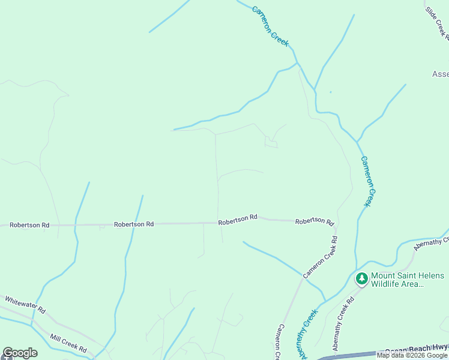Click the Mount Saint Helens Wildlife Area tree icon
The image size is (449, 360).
coord(361,278)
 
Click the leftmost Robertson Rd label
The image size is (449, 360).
coord(29,225)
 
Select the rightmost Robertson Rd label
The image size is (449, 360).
coord(315,221)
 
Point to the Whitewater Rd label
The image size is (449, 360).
coord(25,305)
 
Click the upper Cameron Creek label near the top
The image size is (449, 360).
coord(271,26)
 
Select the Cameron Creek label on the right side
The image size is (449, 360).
coord(370,181)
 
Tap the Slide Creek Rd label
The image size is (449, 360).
coord(438,23)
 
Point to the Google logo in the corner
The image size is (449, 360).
coord(20,353)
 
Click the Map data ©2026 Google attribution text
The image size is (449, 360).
coord(412,356)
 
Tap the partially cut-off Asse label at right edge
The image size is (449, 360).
coord(440,74)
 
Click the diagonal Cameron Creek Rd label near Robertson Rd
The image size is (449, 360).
coord(321,257)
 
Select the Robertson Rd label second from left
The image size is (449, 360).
coord(134,224)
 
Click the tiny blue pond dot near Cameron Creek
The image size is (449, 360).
coord(331,92)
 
